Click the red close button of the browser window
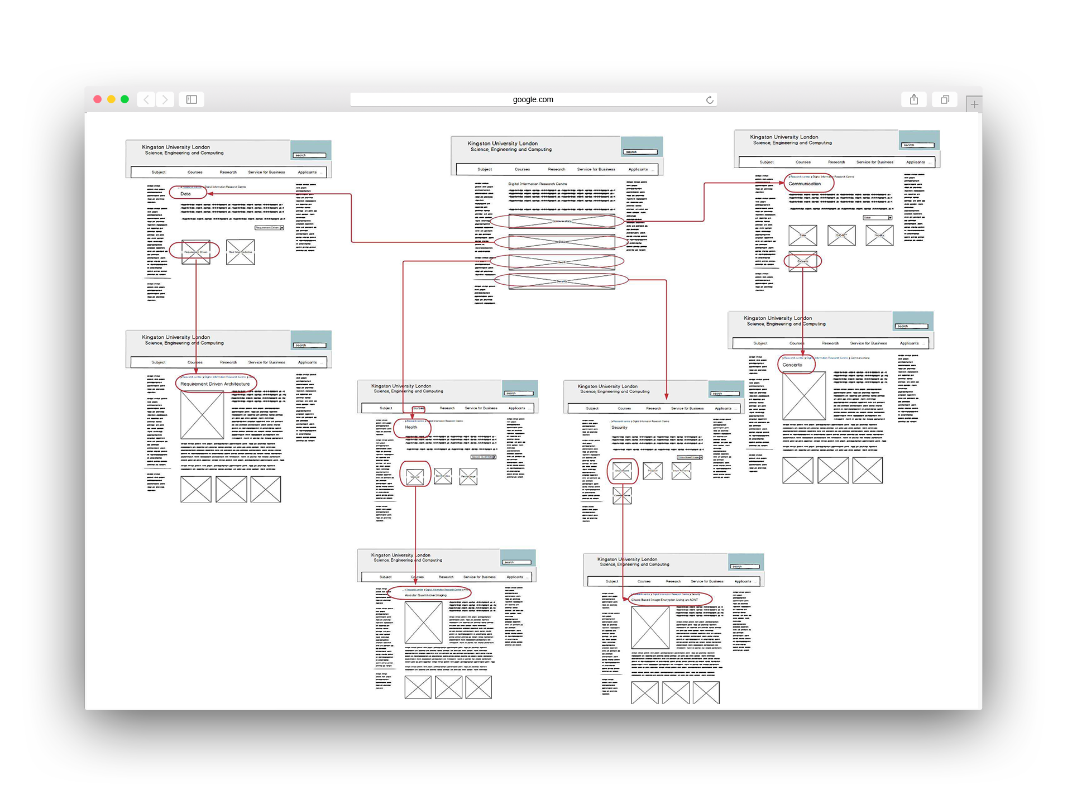click(x=97, y=99)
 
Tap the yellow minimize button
click(x=111, y=99)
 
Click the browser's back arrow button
click(x=146, y=99)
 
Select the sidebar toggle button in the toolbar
click(x=192, y=99)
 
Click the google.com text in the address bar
click(x=533, y=99)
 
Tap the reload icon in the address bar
click(x=710, y=100)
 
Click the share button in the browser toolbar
click(x=914, y=99)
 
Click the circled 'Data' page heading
click(x=186, y=194)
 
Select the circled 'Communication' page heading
click(x=805, y=184)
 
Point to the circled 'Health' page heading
click(x=411, y=427)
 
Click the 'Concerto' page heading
click(x=792, y=365)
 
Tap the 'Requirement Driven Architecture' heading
click(x=215, y=384)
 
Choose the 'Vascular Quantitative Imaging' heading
click(x=425, y=595)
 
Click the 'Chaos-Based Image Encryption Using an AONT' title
click(x=664, y=600)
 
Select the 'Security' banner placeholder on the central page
click(x=561, y=281)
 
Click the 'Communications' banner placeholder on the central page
click(x=561, y=221)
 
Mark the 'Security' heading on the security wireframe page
click(x=619, y=428)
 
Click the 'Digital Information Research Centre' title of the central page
click(x=538, y=184)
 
